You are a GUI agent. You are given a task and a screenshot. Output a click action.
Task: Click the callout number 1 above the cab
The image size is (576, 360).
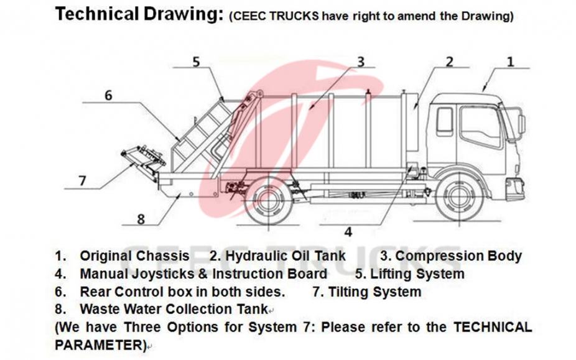(x=511, y=62)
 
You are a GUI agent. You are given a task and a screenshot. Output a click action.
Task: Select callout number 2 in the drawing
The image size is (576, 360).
(x=448, y=62)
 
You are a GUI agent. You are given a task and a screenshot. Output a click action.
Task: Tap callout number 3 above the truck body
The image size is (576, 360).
(x=360, y=62)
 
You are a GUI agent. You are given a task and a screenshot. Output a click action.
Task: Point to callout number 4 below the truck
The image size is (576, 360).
(x=348, y=231)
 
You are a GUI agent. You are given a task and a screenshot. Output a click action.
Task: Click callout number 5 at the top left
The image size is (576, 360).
(x=196, y=62)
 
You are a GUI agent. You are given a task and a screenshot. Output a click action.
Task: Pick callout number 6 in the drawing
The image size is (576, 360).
(x=108, y=96)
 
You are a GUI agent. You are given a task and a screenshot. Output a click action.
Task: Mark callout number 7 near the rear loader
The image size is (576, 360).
(x=82, y=180)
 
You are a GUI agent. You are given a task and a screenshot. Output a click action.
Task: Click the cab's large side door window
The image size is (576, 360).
(x=480, y=126)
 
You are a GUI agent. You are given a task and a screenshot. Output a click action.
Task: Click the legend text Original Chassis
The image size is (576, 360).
(x=134, y=256)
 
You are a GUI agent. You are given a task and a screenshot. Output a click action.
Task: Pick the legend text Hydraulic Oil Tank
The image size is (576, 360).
(x=286, y=256)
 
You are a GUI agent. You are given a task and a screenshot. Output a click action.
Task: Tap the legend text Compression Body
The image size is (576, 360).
(x=458, y=256)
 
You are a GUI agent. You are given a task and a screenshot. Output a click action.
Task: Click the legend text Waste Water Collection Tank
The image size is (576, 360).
(x=174, y=309)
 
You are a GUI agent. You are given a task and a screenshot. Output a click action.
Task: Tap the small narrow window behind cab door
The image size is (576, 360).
(x=444, y=121)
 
